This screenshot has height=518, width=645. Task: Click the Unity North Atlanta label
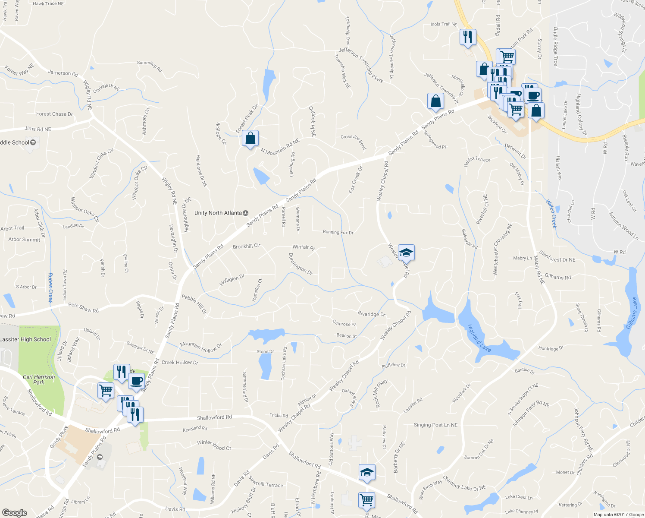218,213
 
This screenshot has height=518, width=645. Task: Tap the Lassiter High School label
25,339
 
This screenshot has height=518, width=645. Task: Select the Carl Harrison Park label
39,379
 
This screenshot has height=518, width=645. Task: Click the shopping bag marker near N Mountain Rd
250,139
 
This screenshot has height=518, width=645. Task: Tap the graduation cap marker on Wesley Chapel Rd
406,253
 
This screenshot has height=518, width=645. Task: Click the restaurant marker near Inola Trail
467,37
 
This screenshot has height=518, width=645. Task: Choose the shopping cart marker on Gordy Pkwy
106,391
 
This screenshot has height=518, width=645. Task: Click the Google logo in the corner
14,513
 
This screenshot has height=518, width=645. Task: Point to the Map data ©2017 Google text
618,515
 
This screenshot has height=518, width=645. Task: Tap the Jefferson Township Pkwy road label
360,62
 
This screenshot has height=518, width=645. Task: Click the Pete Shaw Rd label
83,307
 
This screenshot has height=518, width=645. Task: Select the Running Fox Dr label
338,232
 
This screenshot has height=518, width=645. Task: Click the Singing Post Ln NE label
435,425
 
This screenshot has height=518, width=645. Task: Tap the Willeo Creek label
551,213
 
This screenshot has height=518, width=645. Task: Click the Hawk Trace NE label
48,3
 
